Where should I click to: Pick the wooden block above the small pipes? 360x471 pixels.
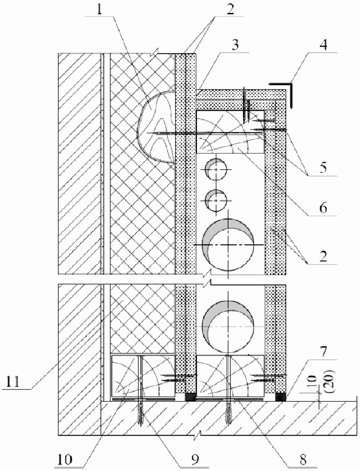tap(230, 132)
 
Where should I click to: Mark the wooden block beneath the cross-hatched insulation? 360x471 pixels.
tap(143, 375)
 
